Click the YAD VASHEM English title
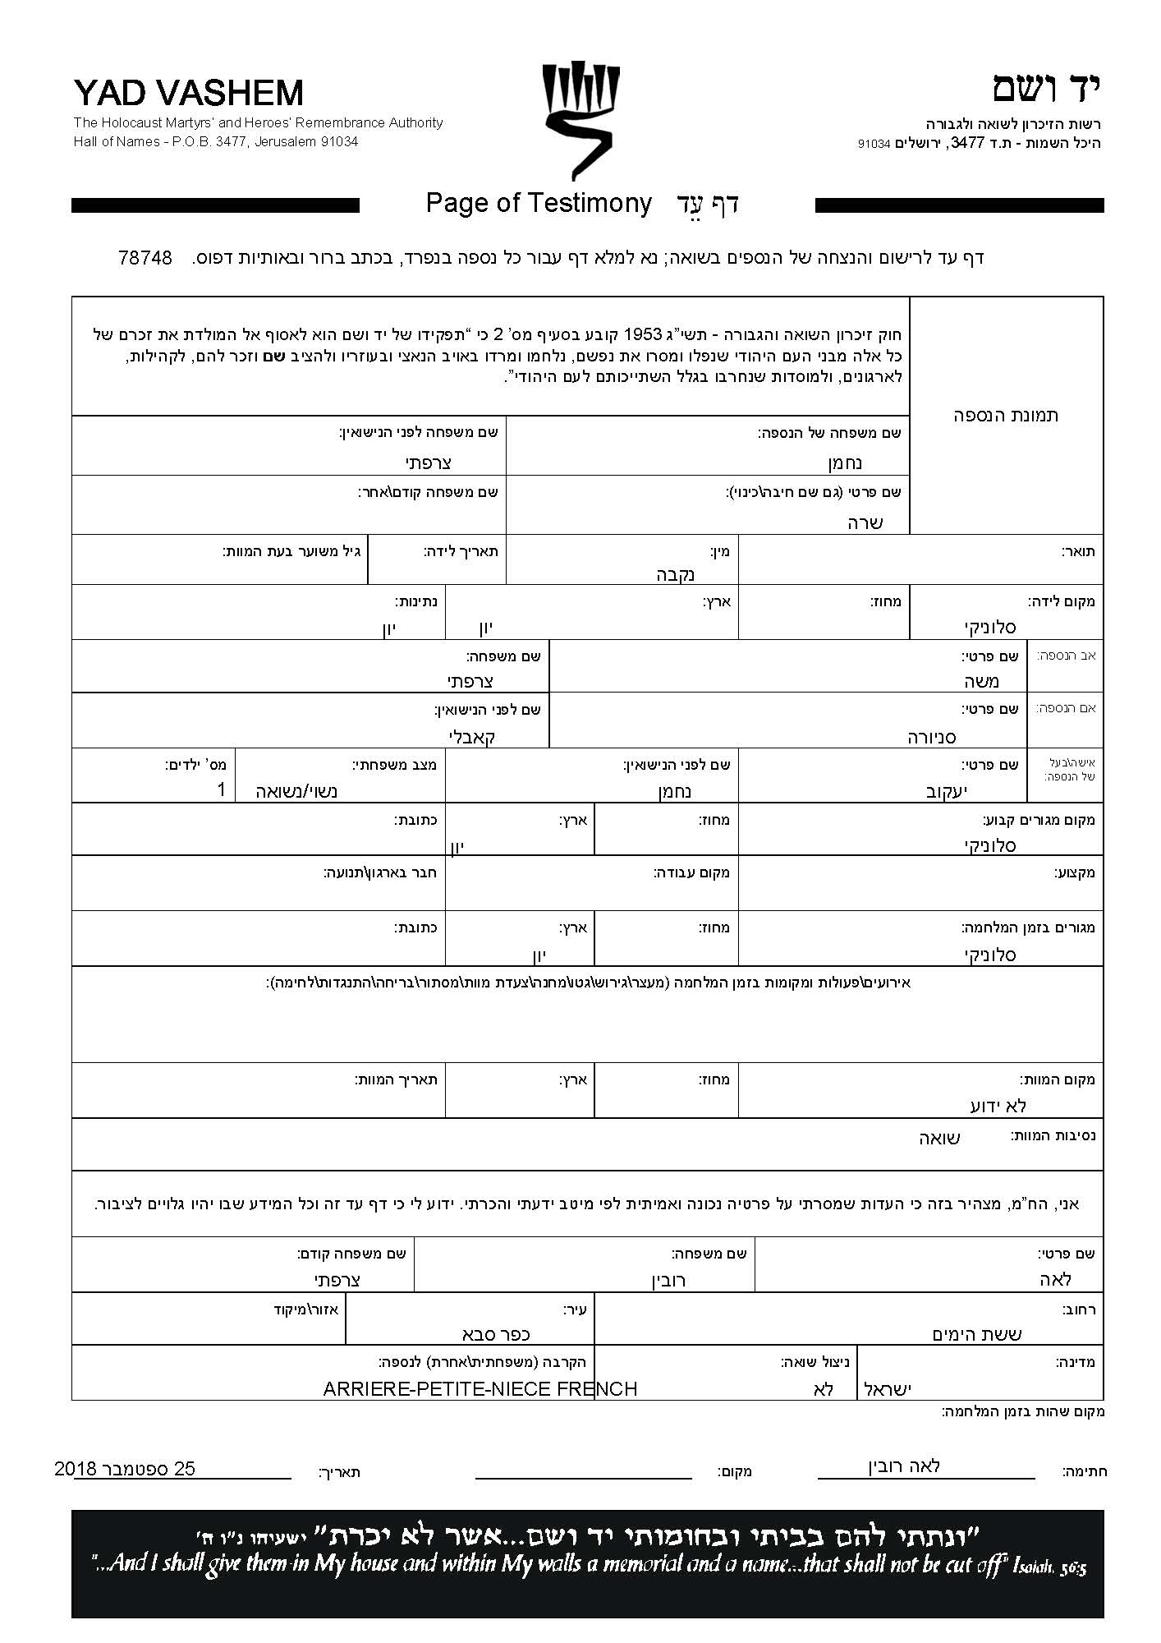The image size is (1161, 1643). coord(188,93)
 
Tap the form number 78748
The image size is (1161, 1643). coord(145,258)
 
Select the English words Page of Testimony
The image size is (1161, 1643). coord(539,203)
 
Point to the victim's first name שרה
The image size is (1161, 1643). coord(865,522)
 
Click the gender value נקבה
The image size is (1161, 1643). coord(677,574)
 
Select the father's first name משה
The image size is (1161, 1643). coord(982,681)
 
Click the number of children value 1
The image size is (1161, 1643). coord(220,790)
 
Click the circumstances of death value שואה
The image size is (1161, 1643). coord(939,1138)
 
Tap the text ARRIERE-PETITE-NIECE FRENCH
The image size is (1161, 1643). coord(480,1388)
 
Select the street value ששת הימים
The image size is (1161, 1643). coord(976,1333)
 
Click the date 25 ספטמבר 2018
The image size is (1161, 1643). coord(125,1468)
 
